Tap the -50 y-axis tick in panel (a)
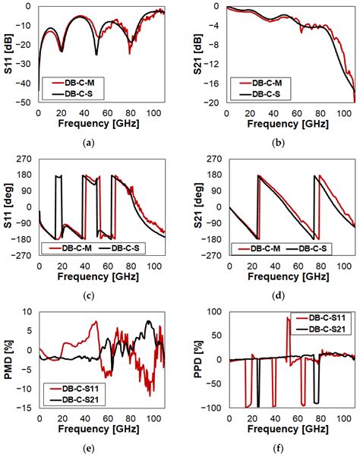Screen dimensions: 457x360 tap(27, 102)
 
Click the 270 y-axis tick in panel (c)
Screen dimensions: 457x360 tap(27, 160)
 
